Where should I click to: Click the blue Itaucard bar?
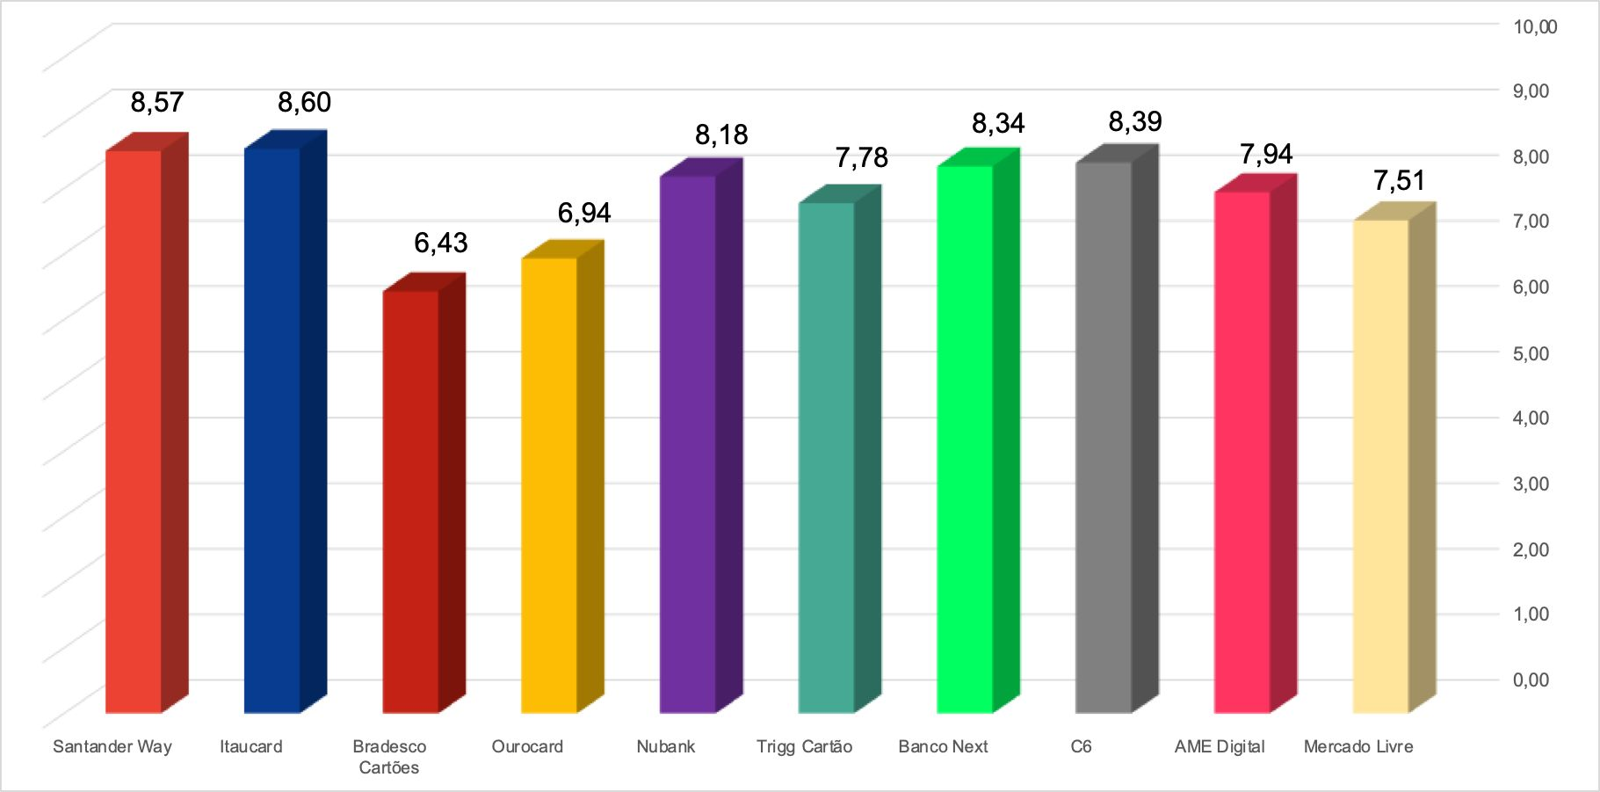click(x=272, y=431)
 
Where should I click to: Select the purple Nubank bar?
click(x=688, y=444)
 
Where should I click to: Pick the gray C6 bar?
click(x=1104, y=437)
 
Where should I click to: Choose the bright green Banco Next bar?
click(x=965, y=439)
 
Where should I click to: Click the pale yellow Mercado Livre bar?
click(x=1380, y=466)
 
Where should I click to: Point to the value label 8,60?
click(x=304, y=103)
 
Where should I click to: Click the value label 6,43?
click(x=441, y=243)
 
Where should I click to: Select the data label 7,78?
click(x=861, y=158)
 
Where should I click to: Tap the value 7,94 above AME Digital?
click(x=1266, y=155)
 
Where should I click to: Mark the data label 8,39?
click(x=1135, y=122)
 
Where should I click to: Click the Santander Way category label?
click(x=112, y=746)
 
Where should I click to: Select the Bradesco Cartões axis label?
click(x=389, y=757)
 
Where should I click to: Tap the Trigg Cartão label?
click(x=804, y=746)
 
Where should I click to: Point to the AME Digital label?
click(x=1220, y=746)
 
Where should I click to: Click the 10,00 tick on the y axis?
click(x=1534, y=26)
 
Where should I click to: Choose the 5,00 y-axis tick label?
click(x=1531, y=352)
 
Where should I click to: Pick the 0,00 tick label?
click(x=1531, y=679)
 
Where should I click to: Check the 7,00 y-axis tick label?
click(x=1531, y=221)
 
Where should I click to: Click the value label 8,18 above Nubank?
click(x=721, y=135)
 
